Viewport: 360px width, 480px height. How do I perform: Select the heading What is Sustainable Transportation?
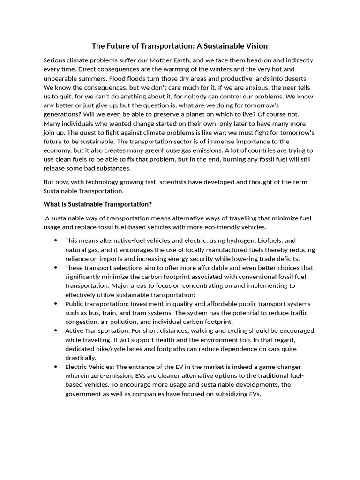tap(98, 204)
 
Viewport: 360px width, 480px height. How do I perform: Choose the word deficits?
tap(286, 259)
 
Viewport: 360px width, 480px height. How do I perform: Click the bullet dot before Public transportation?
tap(55, 303)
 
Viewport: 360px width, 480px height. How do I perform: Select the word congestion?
tap(82, 322)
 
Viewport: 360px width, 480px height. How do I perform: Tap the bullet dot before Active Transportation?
tap(55, 330)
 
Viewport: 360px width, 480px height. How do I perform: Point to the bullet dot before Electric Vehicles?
tap(55, 367)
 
